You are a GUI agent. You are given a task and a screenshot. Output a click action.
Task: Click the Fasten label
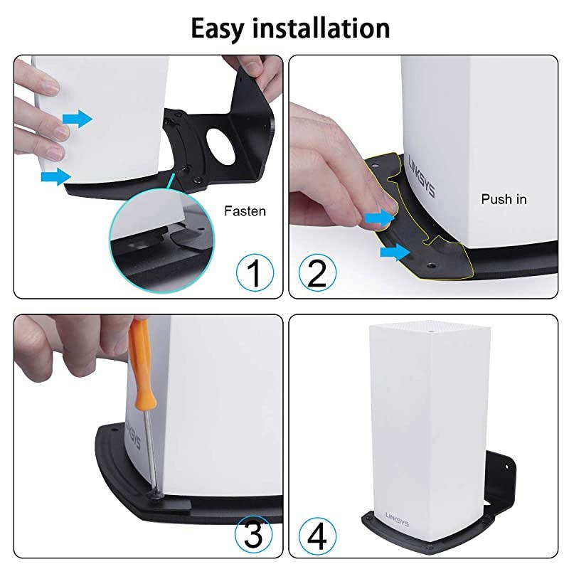[x=245, y=211]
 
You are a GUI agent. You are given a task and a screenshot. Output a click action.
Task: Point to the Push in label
[x=504, y=199]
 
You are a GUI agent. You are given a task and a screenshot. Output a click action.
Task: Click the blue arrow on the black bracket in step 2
[x=395, y=250]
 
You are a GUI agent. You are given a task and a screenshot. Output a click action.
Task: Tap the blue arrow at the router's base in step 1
[x=56, y=176]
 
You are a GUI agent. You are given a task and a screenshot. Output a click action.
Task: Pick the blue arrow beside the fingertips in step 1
[x=78, y=119]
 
